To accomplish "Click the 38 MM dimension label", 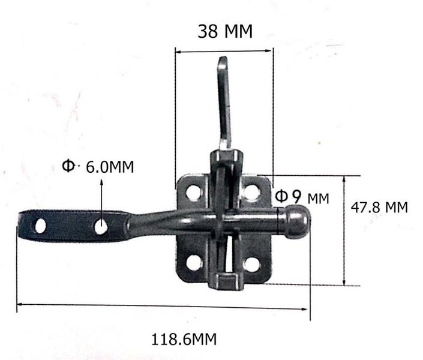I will click(225, 31).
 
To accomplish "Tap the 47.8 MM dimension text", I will click(379, 208).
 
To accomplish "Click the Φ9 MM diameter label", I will click(302, 196).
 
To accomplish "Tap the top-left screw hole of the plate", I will click(193, 193).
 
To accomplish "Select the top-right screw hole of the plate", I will click(251, 193).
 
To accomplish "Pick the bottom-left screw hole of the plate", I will click(193, 263).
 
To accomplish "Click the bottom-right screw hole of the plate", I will click(251, 263).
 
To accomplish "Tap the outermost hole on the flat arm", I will click(40, 226).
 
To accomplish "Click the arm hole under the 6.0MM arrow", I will click(101, 227).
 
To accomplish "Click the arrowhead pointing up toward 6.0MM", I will click(101, 180).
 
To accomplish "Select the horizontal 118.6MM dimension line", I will click(162, 307).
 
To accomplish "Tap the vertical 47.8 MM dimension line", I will click(344, 231).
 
